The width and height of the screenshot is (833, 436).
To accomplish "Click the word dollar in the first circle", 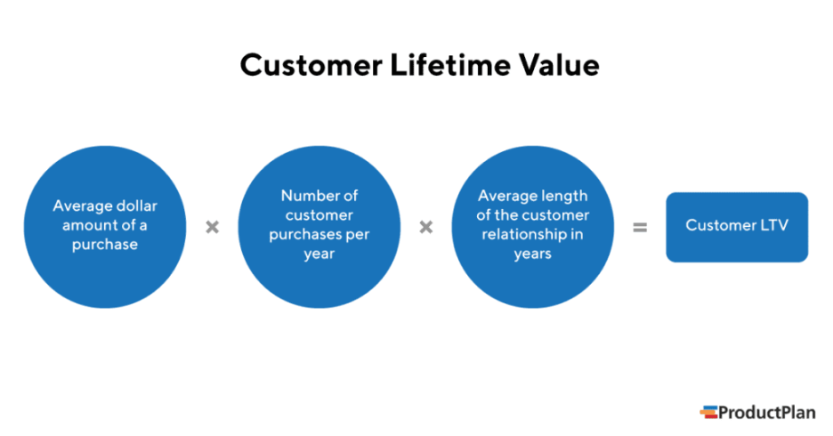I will (x=135, y=206).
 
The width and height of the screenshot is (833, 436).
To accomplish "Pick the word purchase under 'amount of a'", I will (x=104, y=245).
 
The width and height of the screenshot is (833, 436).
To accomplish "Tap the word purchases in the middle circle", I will (x=307, y=235).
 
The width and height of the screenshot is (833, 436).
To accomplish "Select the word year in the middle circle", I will (x=319, y=254).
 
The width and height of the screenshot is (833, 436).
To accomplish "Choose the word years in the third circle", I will (x=532, y=254).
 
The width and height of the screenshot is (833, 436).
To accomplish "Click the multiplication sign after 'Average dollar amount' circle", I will (x=212, y=227).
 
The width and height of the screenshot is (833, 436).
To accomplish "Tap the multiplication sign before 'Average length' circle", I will (x=425, y=227).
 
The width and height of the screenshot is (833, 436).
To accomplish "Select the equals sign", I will (x=639, y=227).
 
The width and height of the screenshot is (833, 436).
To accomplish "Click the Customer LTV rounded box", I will (x=737, y=227).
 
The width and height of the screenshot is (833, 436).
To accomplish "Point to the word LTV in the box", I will (x=773, y=225).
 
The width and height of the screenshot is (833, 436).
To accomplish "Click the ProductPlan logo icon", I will (x=708, y=412).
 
